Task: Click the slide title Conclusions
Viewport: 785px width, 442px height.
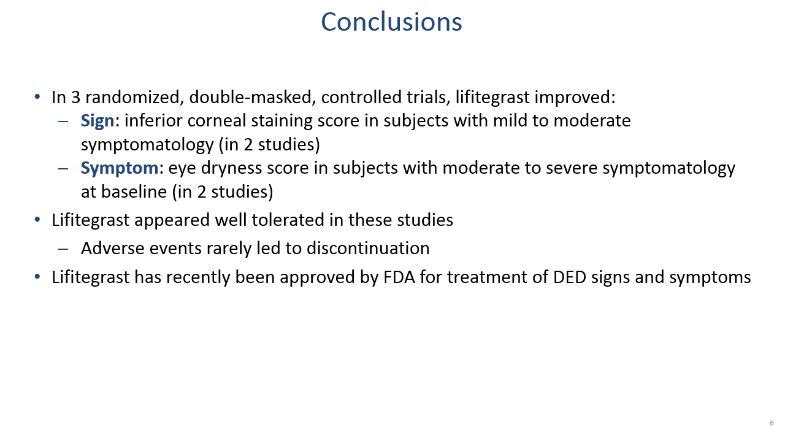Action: coord(391,21)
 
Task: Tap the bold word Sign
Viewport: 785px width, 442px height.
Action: coord(98,122)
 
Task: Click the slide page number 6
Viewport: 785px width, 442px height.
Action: coord(772,423)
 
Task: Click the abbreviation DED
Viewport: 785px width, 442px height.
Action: coord(570,277)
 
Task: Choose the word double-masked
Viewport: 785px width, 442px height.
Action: coord(250,97)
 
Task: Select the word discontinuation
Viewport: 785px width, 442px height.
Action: coord(368,249)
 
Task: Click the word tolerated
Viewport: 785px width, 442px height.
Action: coord(288,220)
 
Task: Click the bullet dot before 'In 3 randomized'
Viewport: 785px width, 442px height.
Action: coord(37,96)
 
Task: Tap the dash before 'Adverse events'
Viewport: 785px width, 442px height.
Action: coord(63,249)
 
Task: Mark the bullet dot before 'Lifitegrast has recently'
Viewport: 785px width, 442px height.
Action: coord(37,276)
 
